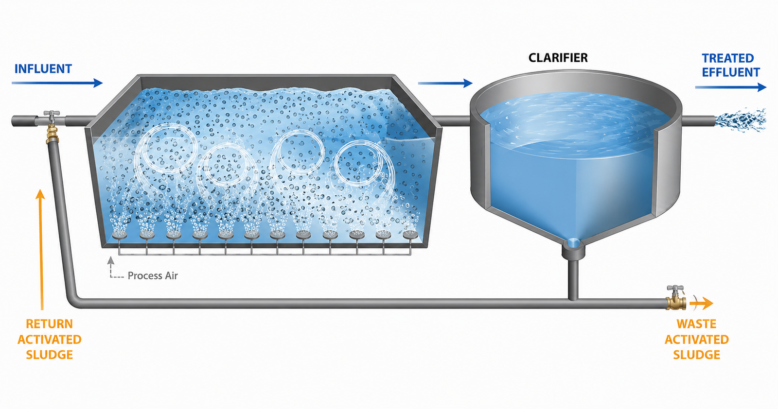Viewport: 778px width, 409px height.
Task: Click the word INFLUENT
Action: click(x=43, y=68)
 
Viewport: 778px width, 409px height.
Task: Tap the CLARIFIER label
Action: click(x=558, y=58)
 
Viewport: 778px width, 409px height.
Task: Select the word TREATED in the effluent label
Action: click(x=728, y=58)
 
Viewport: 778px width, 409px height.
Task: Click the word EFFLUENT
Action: click(x=731, y=72)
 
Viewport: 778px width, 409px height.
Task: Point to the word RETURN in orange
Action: click(x=49, y=324)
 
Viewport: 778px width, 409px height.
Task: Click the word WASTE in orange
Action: click(x=696, y=324)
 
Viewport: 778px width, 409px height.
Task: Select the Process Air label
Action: click(x=153, y=275)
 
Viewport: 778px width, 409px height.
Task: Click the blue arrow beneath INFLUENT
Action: click(x=57, y=83)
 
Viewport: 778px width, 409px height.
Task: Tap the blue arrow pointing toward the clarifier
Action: click(x=445, y=83)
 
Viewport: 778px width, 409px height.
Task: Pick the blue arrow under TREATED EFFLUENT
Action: click(x=731, y=87)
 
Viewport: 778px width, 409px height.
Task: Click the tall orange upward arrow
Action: click(x=41, y=249)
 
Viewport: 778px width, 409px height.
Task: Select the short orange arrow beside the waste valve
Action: click(x=701, y=304)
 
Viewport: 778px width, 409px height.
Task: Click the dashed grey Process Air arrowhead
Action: click(x=111, y=261)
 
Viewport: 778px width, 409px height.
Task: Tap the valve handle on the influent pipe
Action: click(x=52, y=114)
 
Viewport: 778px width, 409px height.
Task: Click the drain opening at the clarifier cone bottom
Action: click(x=573, y=243)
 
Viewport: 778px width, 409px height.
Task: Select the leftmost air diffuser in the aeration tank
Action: click(x=120, y=235)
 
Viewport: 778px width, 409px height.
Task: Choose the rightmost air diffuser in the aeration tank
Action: click(x=410, y=235)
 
